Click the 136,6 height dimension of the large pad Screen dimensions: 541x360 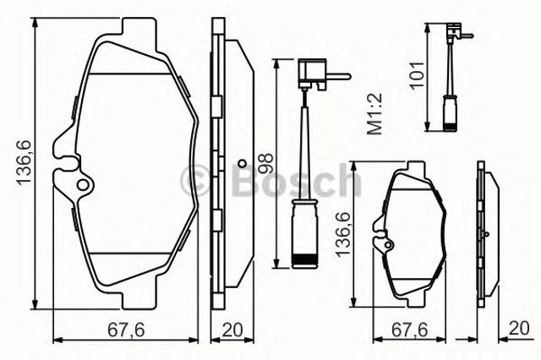pos(25,163)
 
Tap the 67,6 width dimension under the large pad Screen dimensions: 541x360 pos(126,330)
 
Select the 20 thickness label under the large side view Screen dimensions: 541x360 pos(232,330)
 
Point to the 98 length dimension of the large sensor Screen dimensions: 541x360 pos(266,163)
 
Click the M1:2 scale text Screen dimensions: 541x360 pos(374,113)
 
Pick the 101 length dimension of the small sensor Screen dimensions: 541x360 pos(417,75)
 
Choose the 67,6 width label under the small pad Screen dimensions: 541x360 pos(409,330)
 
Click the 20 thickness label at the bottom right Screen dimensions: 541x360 pos(518,328)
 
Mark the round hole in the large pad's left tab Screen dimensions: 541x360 pos(83,185)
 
